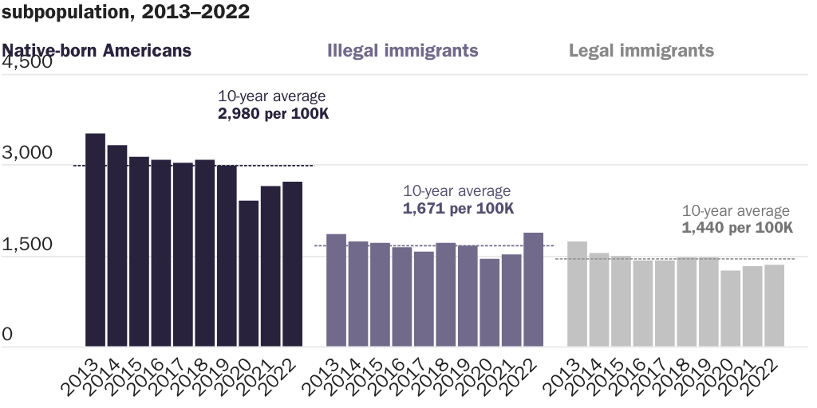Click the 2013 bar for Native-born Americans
click(x=96, y=240)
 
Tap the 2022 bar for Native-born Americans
click(x=292, y=264)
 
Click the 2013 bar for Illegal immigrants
click(x=336, y=290)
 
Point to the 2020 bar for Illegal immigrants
click(x=489, y=302)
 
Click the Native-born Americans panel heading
click(x=97, y=50)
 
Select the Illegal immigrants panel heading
click(x=403, y=50)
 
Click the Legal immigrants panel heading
click(x=641, y=50)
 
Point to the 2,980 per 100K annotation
click(x=274, y=114)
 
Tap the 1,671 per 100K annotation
click(x=459, y=208)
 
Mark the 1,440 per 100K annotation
click(x=738, y=228)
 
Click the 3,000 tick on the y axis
click(x=27, y=153)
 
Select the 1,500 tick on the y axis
click(x=27, y=245)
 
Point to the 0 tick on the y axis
click(x=8, y=335)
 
